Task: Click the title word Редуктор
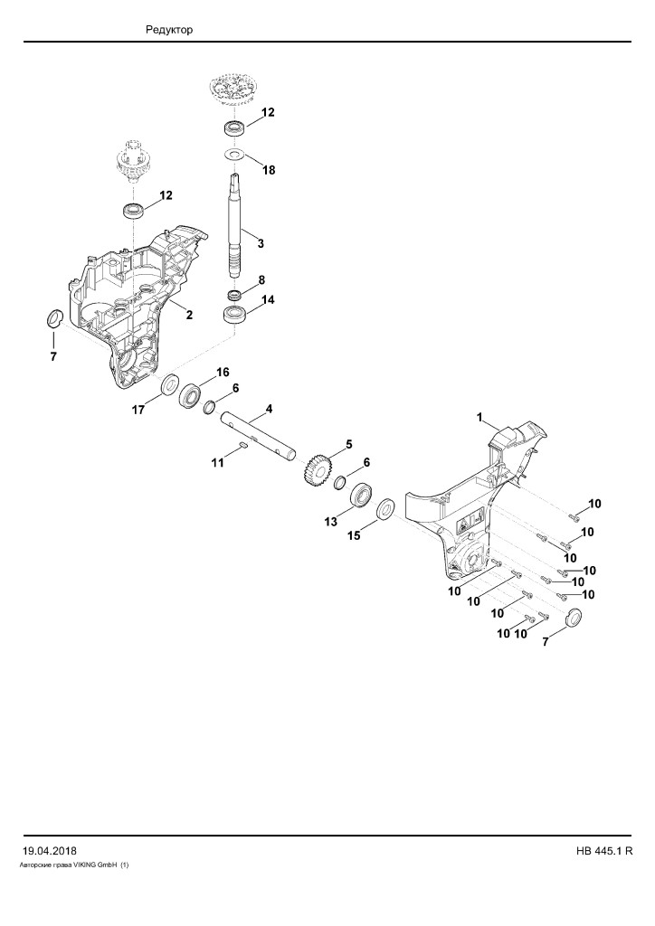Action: tap(169, 30)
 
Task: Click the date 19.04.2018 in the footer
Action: tap(50, 851)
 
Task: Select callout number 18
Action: tap(269, 170)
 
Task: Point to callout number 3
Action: tap(261, 243)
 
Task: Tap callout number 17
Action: tap(138, 410)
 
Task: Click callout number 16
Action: tap(222, 372)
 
